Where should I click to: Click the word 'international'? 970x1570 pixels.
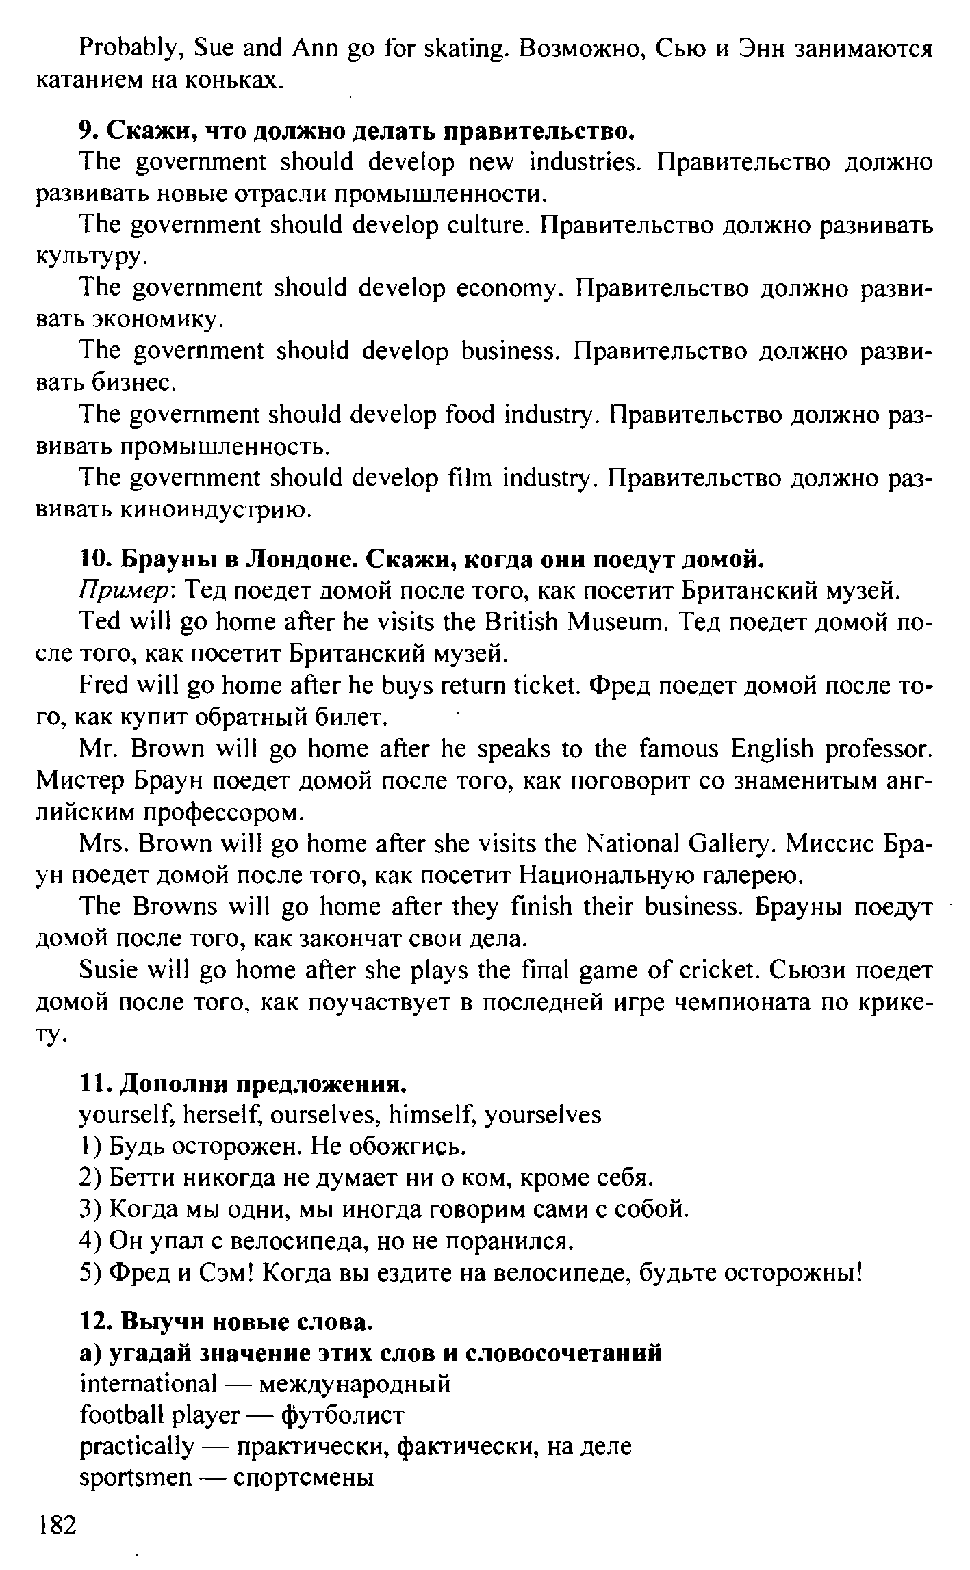[x=148, y=1383]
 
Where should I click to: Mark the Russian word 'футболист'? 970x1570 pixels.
[x=343, y=1415]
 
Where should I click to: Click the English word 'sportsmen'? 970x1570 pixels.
[x=136, y=1478]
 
